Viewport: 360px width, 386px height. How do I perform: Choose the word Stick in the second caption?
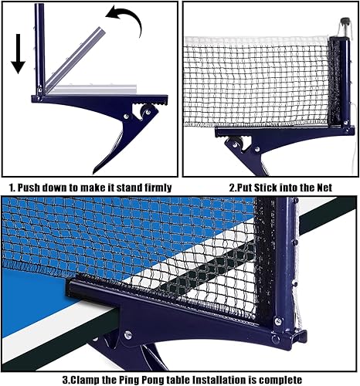click(x=267, y=187)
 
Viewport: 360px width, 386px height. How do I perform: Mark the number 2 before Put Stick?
click(x=233, y=187)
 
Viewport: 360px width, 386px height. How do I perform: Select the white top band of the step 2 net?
click(x=255, y=39)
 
